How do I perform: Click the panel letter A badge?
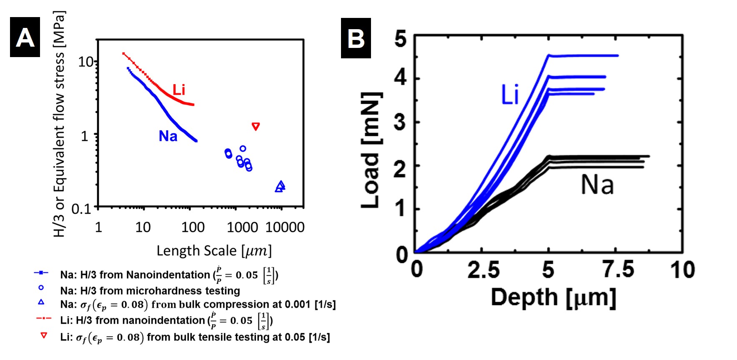(x=25, y=37)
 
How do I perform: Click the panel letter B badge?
(x=356, y=38)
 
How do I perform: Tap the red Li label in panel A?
(x=179, y=90)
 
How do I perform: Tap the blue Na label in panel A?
(x=168, y=136)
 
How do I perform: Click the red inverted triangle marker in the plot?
(x=256, y=126)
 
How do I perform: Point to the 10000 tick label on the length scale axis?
(x=285, y=227)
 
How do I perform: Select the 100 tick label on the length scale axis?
(x=193, y=227)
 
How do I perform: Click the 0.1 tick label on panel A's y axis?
(x=81, y=209)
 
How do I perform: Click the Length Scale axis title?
(x=214, y=251)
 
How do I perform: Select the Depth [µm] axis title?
(x=553, y=297)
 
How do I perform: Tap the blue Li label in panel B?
(x=509, y=95)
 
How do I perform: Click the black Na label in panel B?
(x=597, y=185)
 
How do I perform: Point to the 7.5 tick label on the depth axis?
(x=619, y=270)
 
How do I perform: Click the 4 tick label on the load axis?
(x=401, y=78)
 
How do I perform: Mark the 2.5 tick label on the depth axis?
(x=484, y=270)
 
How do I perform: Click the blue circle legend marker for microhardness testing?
(x=41, y=287)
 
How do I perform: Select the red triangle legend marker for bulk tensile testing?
(x=44, y=335)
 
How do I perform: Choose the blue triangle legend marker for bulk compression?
(x=41, y=302)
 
